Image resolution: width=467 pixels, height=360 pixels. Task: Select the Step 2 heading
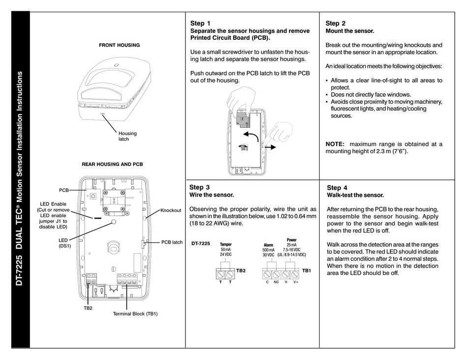pyautogui.click(x=336, y=23)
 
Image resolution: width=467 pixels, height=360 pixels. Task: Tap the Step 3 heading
pyautogui.click(x=200, y=187)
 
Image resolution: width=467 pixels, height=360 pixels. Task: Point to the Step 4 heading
pyautogui.click(x=337, y=188)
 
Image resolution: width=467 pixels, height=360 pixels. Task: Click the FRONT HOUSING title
pyautogui.click(x=119, y=45)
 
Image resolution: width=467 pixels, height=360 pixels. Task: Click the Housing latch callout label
pyautogui.click(x=128, y=136)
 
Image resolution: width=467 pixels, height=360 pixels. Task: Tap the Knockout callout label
pyautogui.click(x=171, y=210)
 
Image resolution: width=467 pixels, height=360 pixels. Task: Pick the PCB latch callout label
pyautogui.click(x=172, y=242)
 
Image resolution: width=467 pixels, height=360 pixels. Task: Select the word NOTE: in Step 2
pyautogui.click(x=337, y=144)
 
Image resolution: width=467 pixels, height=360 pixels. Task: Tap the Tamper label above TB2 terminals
pyautogui.click(x=226, y=244)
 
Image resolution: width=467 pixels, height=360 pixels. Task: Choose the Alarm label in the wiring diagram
pyautogui.click(x=268, y=245)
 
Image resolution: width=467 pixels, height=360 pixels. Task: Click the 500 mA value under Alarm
pyautogui.click(x=268, y=250)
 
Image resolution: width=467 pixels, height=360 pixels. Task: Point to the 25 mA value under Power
pyautogui.click(x=291, y=245)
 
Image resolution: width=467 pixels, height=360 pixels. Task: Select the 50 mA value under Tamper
pyautogui.click(x=226, y=250)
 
